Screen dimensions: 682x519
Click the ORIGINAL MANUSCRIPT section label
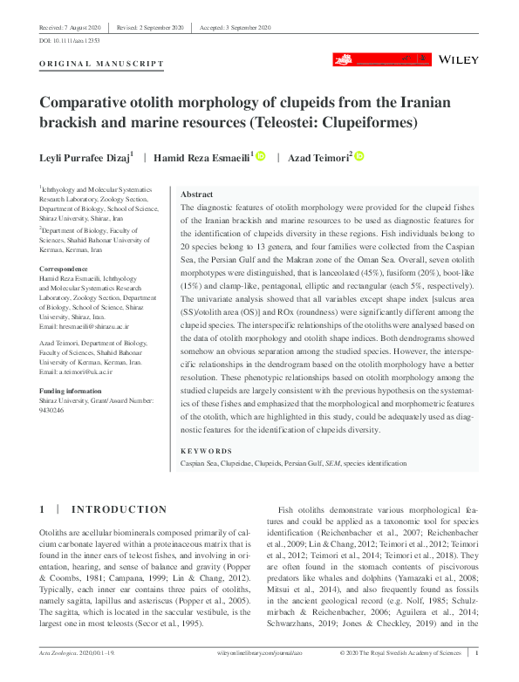click(102, 65)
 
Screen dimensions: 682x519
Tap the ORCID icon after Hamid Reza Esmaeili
click(260, 155)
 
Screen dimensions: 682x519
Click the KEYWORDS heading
click(206, 451)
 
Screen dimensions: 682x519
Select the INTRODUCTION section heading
click(119, 509)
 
